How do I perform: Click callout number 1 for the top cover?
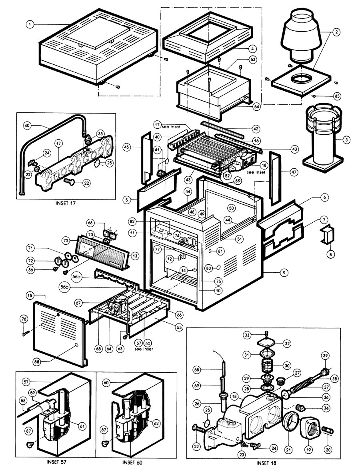click(x=29, y=24)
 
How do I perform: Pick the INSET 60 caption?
click(x=132, y=463)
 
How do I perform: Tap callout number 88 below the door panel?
click(x=38, y=361)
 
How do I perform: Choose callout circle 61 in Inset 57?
click(x=82, y=426)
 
